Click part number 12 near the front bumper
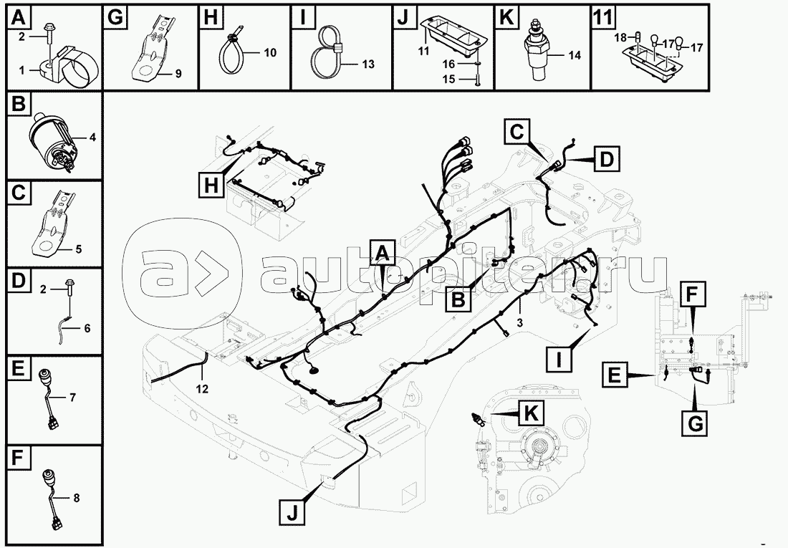pyautogui.click(x=203, y=389)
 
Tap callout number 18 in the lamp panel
pyautogui.click(x=621, y=36)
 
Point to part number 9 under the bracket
pyautogui.click(x=178, y=74)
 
